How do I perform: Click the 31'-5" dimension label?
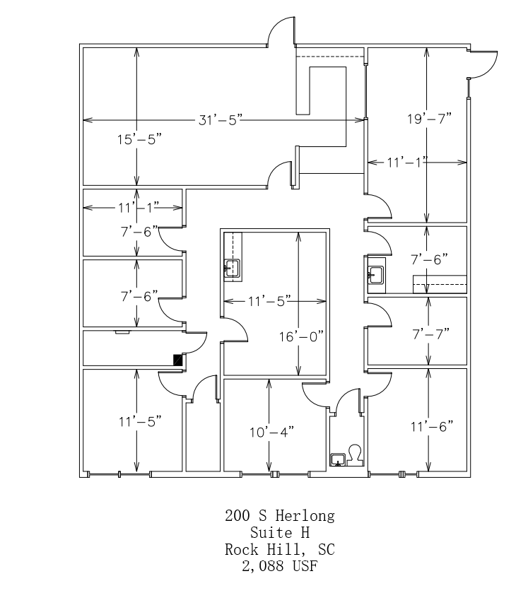click(x=221, y=119)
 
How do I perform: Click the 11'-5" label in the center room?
click(x=262, y=302)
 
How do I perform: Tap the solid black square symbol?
click(x=179, y=360)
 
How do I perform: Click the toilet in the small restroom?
click(x=355, y=454)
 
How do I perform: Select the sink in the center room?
click(x=233, y=268)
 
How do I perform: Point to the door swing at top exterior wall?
click(x=281, y=34)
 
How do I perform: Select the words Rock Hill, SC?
click(x=280, y=548)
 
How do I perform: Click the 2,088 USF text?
click(x=280, y=565)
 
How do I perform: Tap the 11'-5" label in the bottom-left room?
click(x=140, y=422)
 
